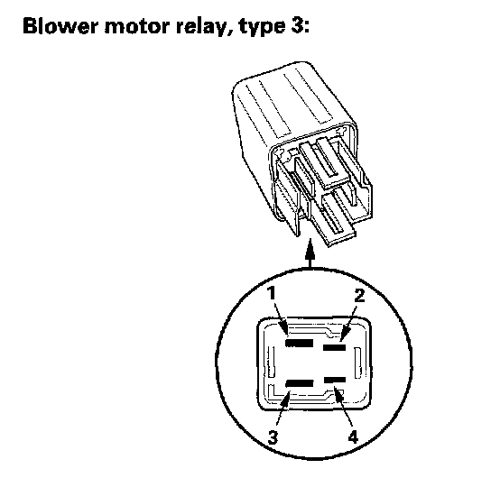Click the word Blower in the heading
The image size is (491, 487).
click(60, 25)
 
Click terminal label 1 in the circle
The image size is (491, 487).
click(271, 293)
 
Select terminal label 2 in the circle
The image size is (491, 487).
click(359, 296)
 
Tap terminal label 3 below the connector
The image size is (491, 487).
click(273, 436)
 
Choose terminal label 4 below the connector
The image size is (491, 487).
click(353, 436)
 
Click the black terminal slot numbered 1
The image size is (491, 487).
click(299, 343)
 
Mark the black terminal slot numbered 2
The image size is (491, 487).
click(335, 347)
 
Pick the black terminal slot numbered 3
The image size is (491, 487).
click(300, 383)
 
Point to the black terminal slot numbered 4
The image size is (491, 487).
click(335, 381)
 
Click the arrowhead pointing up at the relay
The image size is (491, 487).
click(310, 249)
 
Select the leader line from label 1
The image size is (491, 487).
click(281, 318)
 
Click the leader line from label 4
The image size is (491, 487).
click(343, 406)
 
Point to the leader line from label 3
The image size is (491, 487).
click(283, 409)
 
